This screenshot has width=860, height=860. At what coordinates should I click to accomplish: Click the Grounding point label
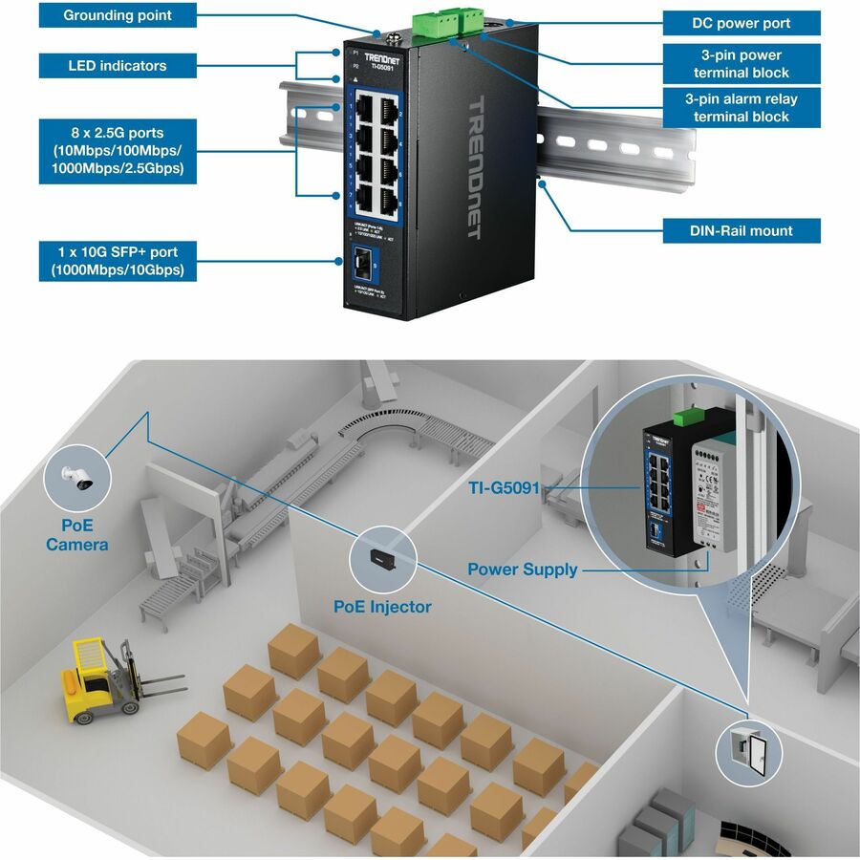pyautogui.click(x=118, y=16)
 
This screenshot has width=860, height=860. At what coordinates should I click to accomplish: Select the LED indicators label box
pyautogui.click(x=118, y=66)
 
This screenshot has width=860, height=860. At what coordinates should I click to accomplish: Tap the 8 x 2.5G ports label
pyautogui.click(x=118, y=151)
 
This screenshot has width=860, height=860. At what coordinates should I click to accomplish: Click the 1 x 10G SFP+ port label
pyautogui.click(x=118, y=262)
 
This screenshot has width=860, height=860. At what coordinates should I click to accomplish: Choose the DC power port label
pyautogui.click(x=742, y=23)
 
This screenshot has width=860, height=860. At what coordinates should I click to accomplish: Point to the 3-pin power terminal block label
pyautogui.click(x=742, y=64)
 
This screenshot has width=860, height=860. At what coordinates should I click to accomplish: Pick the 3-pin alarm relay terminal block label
pyautogui.click(x=742, y=107)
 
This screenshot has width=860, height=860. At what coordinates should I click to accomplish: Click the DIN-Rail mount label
pyautogui.click(x=742, y=230)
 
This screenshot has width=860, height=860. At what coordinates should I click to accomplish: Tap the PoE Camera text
pyautogui.click(x=77, y=535)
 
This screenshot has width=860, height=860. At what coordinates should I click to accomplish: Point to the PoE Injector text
pyautogui.click(x=382, y=607)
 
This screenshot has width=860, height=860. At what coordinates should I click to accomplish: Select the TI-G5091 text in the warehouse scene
pyautogui.click(x=504, y=488)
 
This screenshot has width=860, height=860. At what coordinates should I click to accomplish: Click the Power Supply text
pyautogui.click(x=522, y=570)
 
